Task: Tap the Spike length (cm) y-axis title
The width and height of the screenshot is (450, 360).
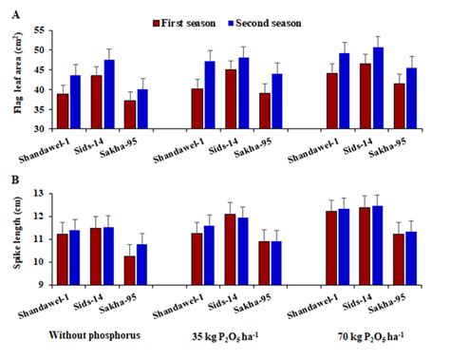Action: (x=12, y=238)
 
